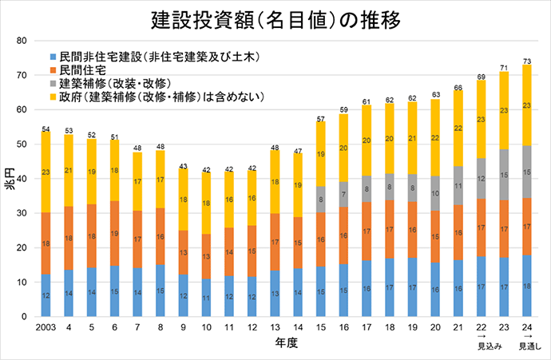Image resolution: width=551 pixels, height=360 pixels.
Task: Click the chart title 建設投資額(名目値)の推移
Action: point(275,18)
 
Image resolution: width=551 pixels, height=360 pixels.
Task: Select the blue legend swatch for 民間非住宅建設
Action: point(54,57)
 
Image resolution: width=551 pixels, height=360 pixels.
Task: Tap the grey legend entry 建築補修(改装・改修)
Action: point(112,83)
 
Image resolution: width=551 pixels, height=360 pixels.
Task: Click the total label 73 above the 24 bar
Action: point(526,60)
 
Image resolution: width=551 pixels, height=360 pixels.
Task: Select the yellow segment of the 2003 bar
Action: point(46,172)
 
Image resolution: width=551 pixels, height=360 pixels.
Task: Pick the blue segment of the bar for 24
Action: point(526,286)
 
